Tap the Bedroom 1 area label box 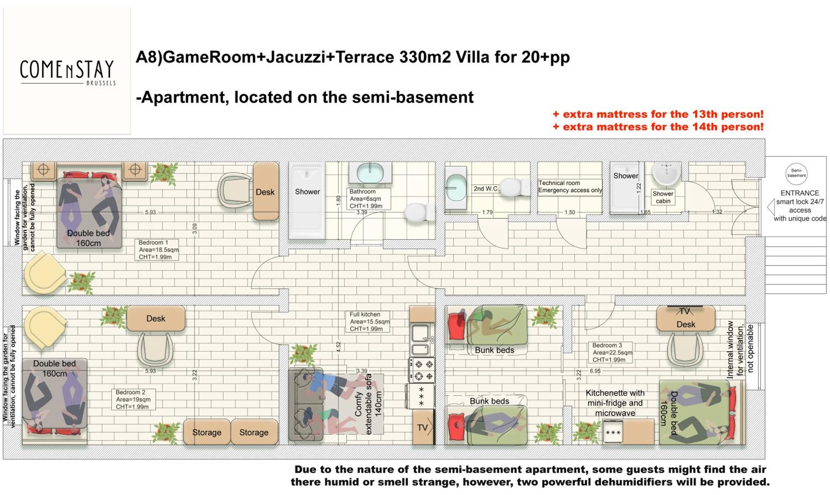click(156, 249)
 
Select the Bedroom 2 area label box click(133, 399)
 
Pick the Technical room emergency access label click(570, 187)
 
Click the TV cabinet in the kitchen click(423, 427)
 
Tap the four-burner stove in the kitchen click(422, 370)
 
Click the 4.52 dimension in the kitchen click(338, 347)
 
